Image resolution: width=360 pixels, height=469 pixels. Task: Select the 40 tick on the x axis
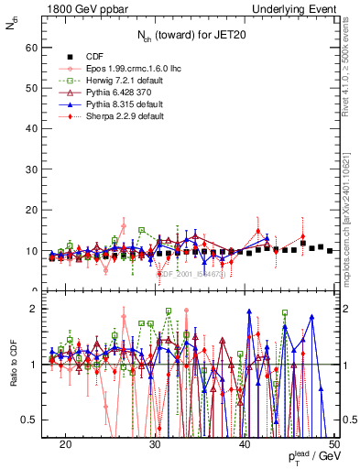pos(245,444)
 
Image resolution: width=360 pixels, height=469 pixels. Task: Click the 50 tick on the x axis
pos(333,444)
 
